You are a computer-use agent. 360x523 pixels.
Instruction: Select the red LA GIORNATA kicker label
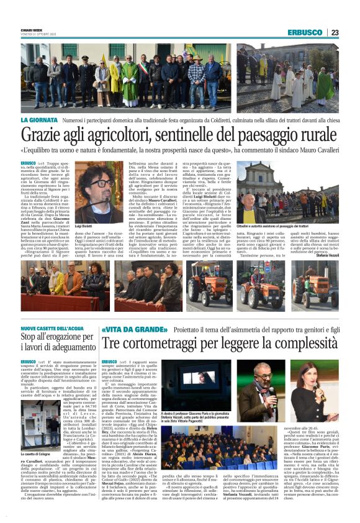pos(40,119)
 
